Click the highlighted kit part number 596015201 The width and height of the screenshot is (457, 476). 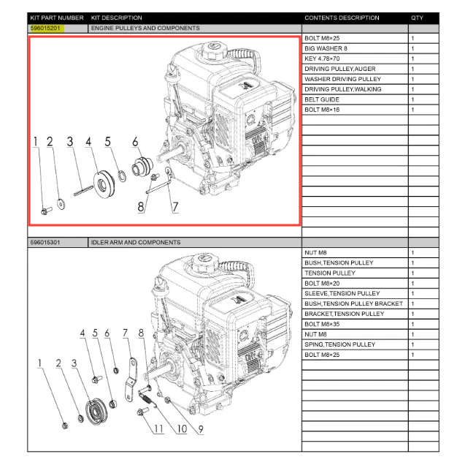tap(47, 28)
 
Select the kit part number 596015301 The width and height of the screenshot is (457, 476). tap(47, 242)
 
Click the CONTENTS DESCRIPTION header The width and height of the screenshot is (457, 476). tap(342, 18)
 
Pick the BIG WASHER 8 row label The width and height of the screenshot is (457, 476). tap(326, 48)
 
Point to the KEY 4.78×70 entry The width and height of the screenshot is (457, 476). tap(323, 58)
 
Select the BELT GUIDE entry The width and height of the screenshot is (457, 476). tap(322, 99)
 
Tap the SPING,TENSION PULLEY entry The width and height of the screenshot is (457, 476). tap(339, 344)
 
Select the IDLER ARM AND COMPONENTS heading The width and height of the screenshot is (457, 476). tap(136, 242)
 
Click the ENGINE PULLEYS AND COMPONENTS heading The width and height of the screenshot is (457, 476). tap(145, 28)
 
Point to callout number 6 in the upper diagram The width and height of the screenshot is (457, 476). tap(135, 142)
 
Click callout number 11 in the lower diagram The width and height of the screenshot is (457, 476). tap(158, 428)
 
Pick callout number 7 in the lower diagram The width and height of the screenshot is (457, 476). tap(126, 333)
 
